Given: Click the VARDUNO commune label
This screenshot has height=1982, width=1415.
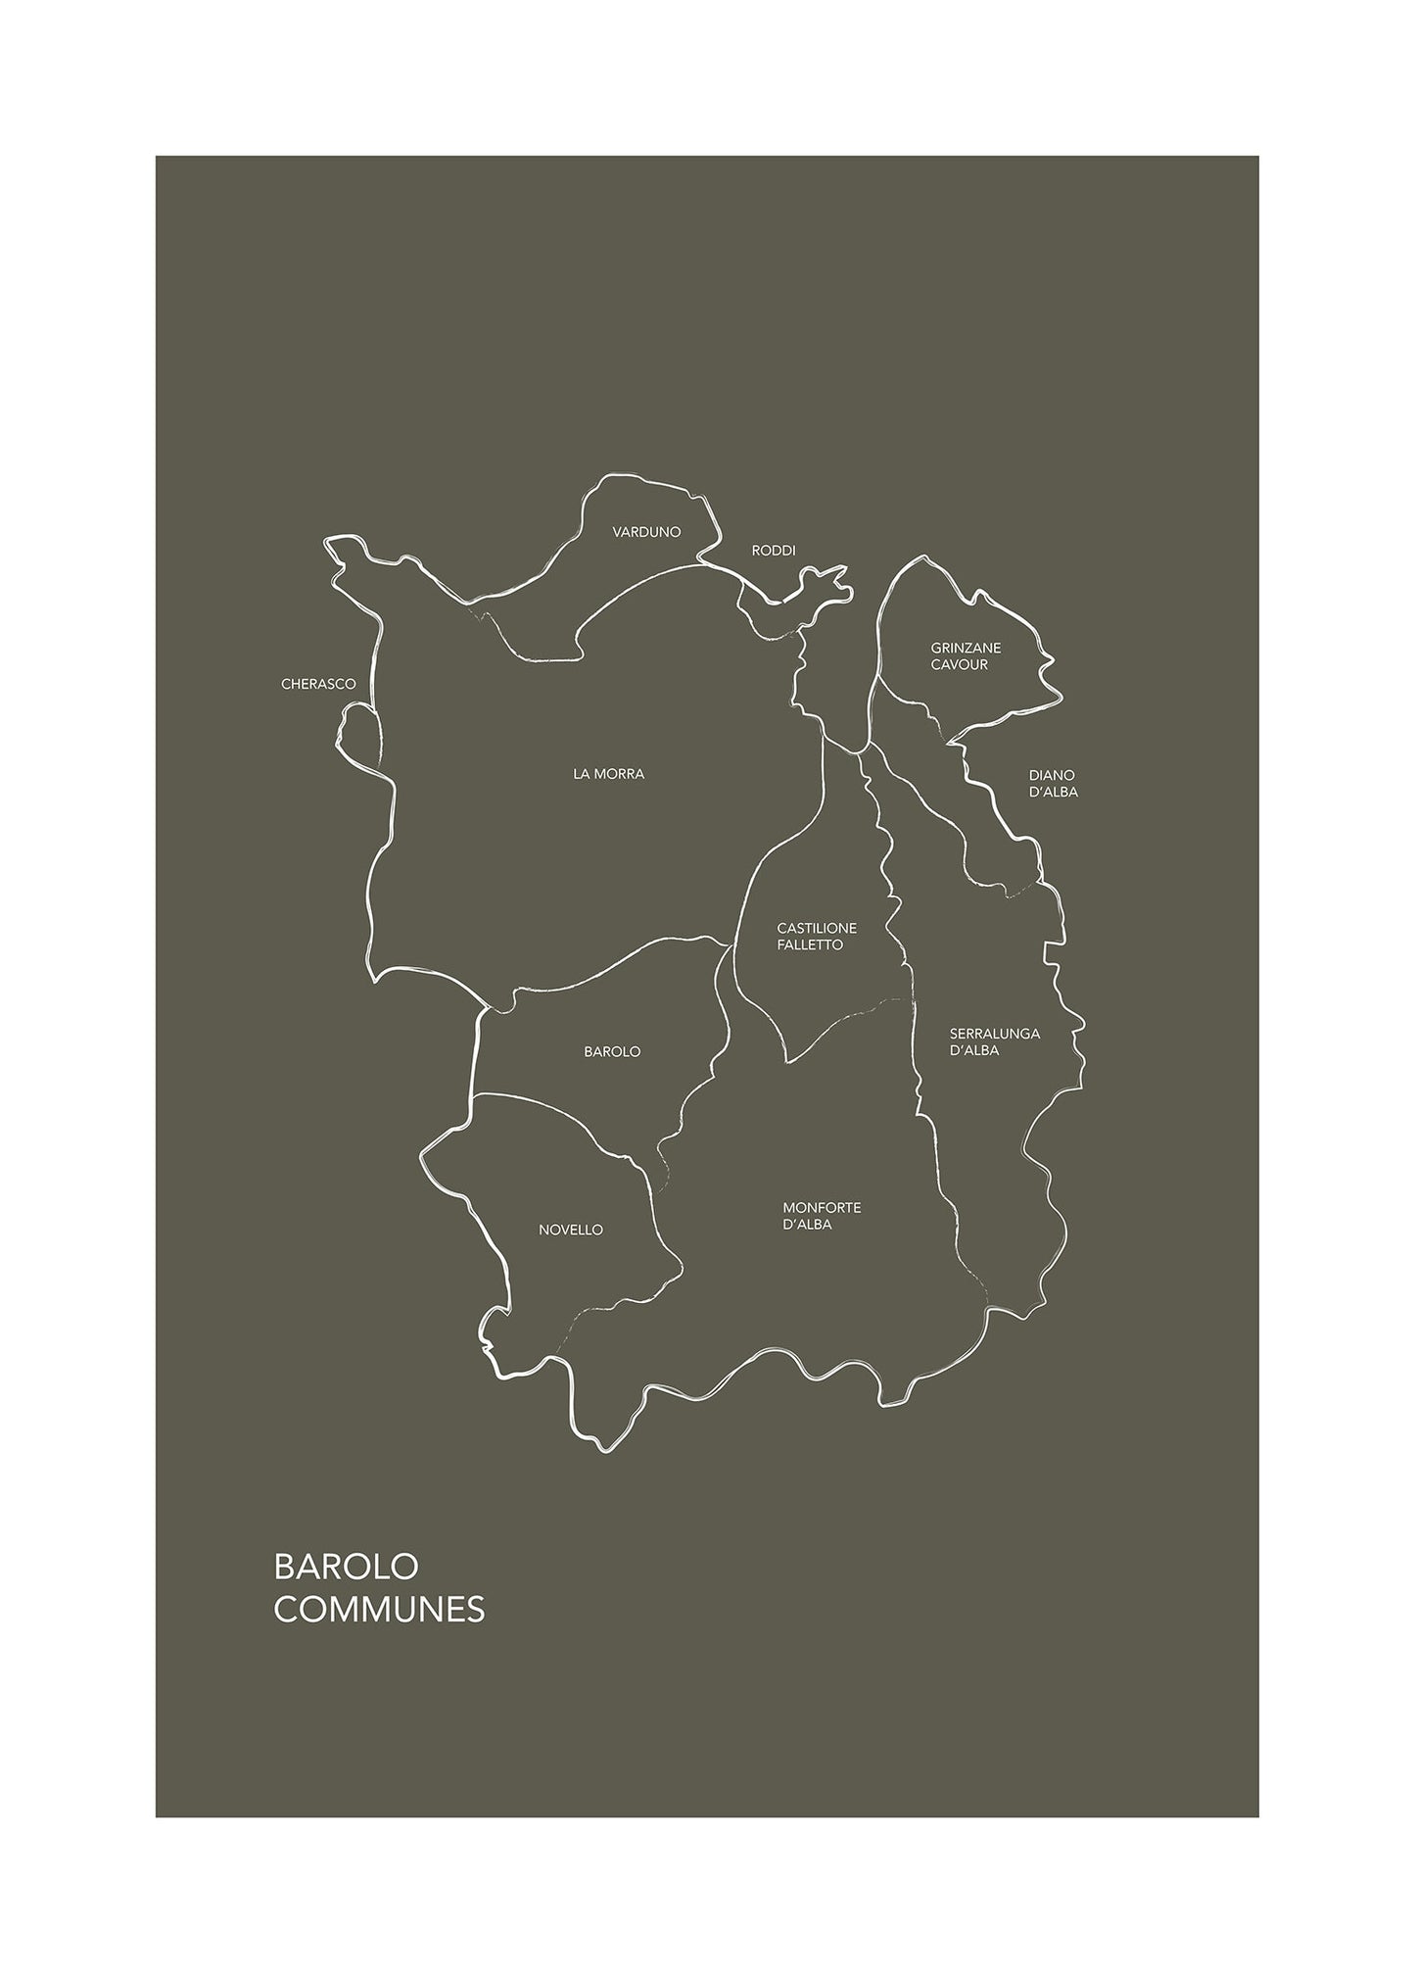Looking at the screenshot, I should pos(646,532).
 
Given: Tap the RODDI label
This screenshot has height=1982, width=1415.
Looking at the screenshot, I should pos(774,551).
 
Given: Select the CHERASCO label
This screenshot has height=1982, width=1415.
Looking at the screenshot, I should pos(318,684).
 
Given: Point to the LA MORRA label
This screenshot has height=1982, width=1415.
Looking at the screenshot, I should pos(609,774).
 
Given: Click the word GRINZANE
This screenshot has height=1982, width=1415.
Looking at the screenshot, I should pos(966,648).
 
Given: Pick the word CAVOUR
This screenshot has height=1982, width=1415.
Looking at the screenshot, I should pos(959,665).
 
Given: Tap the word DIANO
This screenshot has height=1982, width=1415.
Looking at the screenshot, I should pos(1052,775).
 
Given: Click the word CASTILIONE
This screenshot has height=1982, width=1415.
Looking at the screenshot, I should pos(817,928).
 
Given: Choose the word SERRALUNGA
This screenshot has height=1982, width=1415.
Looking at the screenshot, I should pos(995,1033).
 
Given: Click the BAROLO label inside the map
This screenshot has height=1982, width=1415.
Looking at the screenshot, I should pos(612,1051).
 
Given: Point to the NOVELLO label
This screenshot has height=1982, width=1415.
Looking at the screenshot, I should pos(571,1230).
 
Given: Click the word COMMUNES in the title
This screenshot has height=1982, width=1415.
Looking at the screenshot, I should pos(379,1610).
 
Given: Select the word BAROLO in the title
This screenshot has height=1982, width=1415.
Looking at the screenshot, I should pos(346,1566).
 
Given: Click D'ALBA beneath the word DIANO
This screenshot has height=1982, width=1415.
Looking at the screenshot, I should pos(1054,792).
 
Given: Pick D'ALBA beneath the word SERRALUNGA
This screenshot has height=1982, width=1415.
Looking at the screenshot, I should pos(974,1050).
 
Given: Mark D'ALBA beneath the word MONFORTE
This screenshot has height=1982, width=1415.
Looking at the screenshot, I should pos(808,1225).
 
